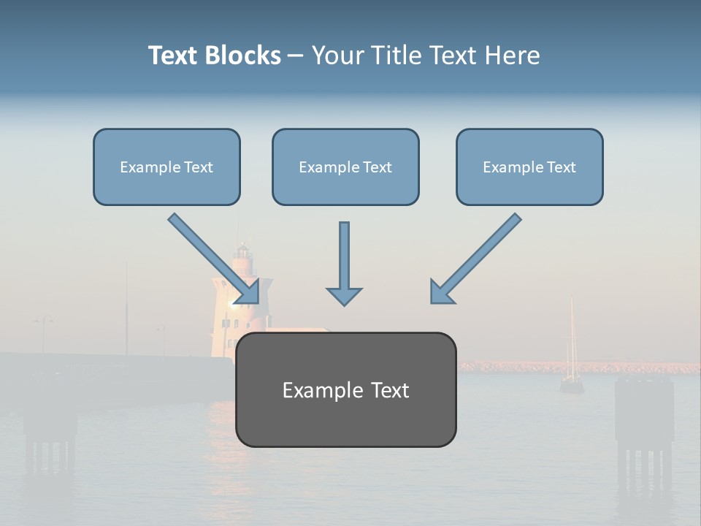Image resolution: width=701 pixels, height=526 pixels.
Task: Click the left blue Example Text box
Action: click(x=166, y=167)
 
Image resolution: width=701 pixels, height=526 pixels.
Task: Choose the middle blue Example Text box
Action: click(x=345, y=167)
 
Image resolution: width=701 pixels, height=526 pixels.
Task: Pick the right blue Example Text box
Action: click(x=529, y=167)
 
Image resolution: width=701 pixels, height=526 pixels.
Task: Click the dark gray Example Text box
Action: click(x=345, y=390)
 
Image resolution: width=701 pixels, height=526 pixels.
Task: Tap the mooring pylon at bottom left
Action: click(x=50, y=431)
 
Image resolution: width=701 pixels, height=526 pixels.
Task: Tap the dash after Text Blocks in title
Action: click(x=296, y=56)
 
